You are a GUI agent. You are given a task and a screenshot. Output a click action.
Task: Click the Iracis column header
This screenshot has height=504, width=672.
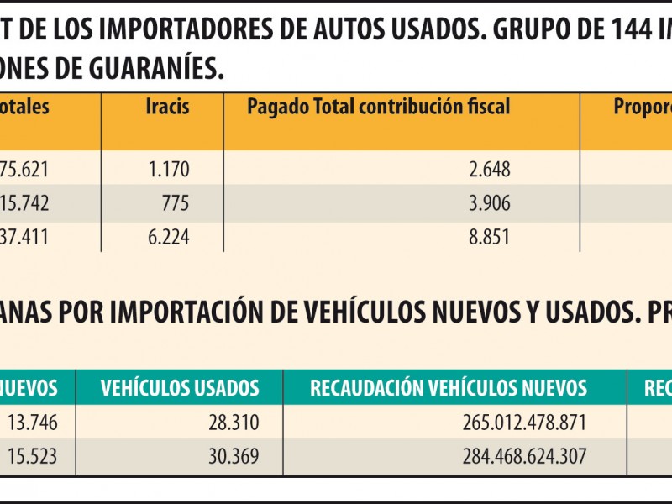[167, 108]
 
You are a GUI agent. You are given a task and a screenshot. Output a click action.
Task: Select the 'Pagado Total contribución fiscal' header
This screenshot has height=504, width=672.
[378, 108]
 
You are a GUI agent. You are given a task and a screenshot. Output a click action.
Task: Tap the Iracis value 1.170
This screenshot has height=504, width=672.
[169, 170]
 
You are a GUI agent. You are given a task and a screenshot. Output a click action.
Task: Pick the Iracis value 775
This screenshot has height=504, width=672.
[176, 204]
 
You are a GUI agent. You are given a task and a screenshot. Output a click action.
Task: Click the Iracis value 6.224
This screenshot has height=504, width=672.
[169, 238]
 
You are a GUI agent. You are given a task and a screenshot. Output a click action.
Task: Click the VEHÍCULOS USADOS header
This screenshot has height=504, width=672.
[180, 388]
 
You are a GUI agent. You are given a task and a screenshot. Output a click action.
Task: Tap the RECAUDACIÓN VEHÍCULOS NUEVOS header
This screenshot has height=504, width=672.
[449, 388]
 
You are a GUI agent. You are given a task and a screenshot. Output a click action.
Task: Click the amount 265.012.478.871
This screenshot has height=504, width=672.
[524, 422]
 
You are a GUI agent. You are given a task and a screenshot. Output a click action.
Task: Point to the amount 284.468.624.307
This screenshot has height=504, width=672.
[524, 457]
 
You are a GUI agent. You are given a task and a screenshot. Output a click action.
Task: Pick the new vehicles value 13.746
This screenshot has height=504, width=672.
[34, 422]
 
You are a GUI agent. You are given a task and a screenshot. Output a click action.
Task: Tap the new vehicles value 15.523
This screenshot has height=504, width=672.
[34, 457]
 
